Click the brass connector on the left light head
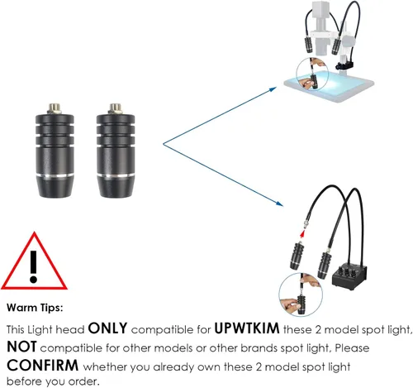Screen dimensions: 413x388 [55, 108]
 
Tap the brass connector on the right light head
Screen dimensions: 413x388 [116, 108]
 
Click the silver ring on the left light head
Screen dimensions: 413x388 [55, 176]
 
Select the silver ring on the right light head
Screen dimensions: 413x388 [116, 176]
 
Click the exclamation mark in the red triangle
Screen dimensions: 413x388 [33, 266]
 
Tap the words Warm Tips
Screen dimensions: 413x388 [35, 308]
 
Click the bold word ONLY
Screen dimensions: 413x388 [107, 328]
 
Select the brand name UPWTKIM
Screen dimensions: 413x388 [247, 328]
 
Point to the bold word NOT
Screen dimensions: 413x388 [21, 347]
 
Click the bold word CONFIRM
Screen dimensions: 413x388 [43, 366]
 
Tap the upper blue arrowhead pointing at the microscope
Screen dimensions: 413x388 [273, 89]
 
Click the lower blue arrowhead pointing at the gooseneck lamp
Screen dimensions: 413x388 [279, 204]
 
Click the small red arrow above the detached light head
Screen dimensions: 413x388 [302, 234]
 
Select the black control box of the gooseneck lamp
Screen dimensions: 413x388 [349, 277]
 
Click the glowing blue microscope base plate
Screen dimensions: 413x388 [329, 86]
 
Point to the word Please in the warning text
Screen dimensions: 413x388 [352, 348]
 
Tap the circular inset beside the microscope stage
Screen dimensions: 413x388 [312, 74]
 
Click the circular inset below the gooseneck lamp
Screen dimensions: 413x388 [301, 295]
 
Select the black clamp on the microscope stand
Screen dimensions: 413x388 [344, 65]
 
